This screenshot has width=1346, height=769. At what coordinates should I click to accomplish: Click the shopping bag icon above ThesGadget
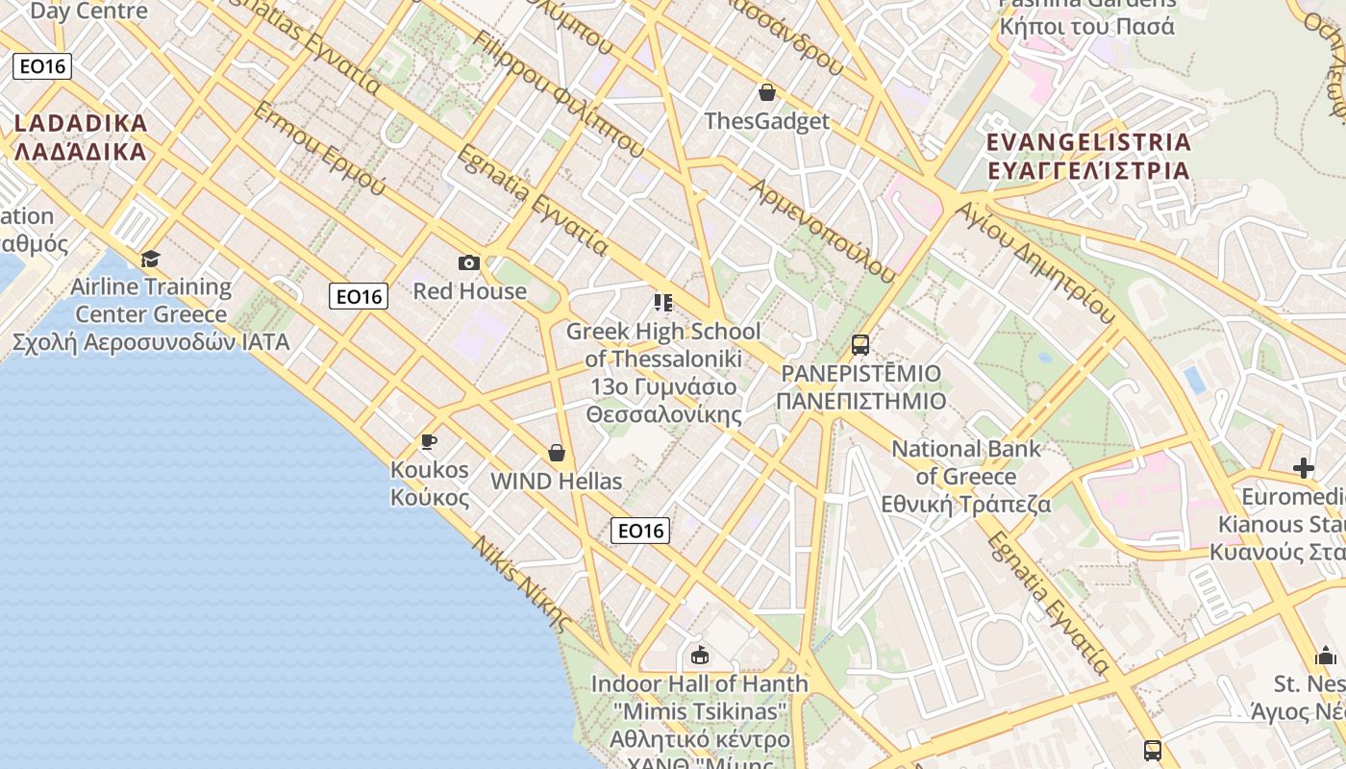[x=767, y=92]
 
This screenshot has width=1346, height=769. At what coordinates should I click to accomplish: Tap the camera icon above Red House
[x=469, y=262]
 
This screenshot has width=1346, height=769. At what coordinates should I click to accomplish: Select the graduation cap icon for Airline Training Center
[x=150, y=259]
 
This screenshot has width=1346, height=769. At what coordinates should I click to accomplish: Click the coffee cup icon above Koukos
[x=429, y=441]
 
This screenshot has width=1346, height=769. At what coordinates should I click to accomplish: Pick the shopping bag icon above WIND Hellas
[x=556, y=453]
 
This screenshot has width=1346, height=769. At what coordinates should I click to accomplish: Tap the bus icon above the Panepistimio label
[x=860, y=345]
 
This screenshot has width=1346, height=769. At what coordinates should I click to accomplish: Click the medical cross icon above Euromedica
[x=1304, y=468]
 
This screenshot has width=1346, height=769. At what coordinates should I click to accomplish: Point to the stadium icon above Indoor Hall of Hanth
[x=700, y=656]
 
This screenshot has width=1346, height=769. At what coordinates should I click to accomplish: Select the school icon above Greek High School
[x=662, y=303]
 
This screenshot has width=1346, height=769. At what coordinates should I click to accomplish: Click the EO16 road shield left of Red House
[x=359, y=296]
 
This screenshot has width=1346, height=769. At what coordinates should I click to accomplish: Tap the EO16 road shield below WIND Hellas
[x=640, y=530]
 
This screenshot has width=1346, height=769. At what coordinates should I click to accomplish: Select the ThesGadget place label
[x=766, y=121]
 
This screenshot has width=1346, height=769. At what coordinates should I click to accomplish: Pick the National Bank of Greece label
[x=966, y=477]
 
